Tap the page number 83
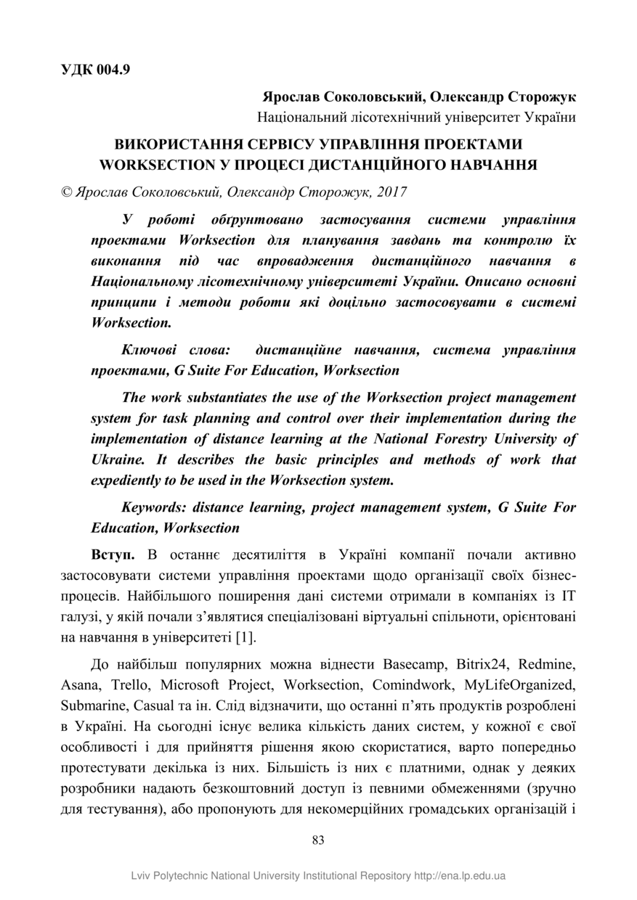pyautogui.click(x=318, y=840)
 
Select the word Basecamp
pyautogui.click(x=414, y=664)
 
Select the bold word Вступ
pyautogui.click(x=113, y=555)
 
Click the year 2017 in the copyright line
pyautogui.click(x=392, y=192)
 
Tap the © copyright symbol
pyautogui.click(x=66, y=192)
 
